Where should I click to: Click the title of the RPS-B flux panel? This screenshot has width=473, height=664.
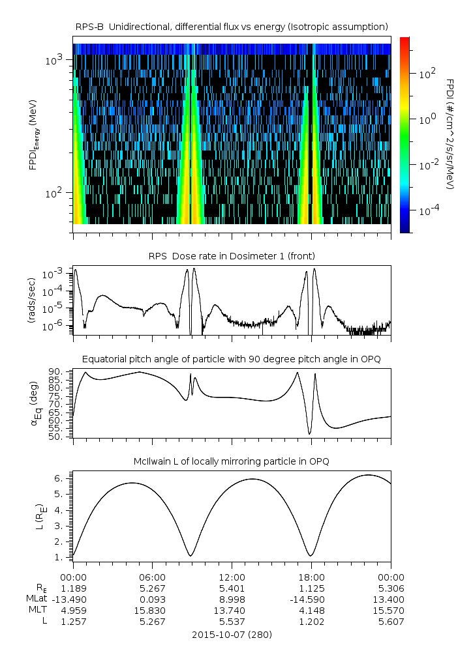point(232,26)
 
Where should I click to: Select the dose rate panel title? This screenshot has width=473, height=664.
point(232,255)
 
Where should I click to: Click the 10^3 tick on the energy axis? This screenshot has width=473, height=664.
point(53,61)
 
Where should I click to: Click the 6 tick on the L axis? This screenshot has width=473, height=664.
point(62,478)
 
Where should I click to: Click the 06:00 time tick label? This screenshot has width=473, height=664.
point(153,577)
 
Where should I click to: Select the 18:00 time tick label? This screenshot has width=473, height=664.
point(311,577)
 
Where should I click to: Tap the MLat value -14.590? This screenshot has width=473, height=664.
point(311,599)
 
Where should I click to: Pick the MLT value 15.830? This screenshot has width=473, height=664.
point(153,611)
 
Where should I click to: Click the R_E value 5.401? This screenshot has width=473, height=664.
point(232,588)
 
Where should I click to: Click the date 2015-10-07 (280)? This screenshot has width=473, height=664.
point(232,634)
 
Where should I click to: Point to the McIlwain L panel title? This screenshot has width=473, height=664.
point(232,461)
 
